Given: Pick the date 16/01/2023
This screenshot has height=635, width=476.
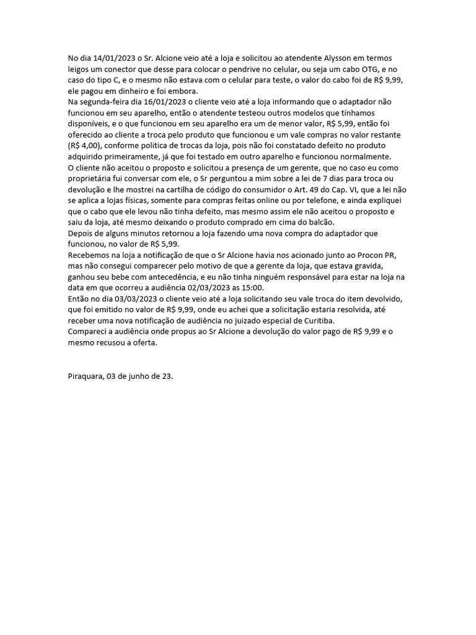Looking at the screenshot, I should pyautogui.click(x=152, y=101).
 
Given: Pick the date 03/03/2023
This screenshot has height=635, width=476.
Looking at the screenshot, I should pyautogui.click(x=133, y=299).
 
